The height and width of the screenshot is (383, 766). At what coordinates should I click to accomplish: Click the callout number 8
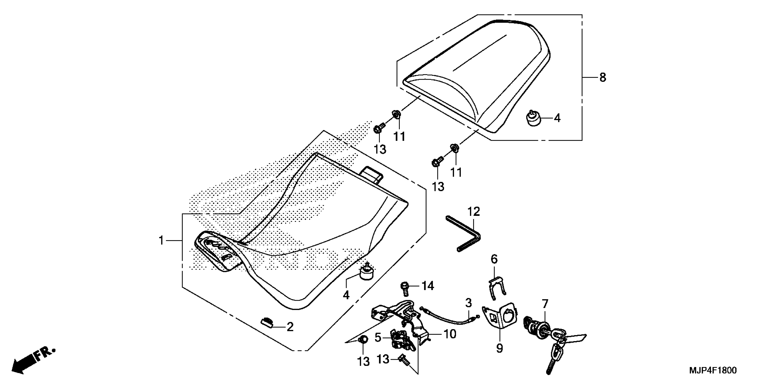coord(602,78)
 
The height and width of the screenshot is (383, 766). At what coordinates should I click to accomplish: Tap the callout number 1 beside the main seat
coord(161,240)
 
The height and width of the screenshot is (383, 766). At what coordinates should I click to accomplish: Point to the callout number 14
coord(428,286)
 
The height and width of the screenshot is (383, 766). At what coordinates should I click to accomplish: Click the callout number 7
coord(545,304)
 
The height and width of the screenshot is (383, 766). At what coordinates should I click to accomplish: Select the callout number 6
coord(494,259)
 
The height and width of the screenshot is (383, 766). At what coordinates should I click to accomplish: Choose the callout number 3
coord(469,303)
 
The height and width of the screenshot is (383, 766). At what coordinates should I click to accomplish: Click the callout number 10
coord(450,334)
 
